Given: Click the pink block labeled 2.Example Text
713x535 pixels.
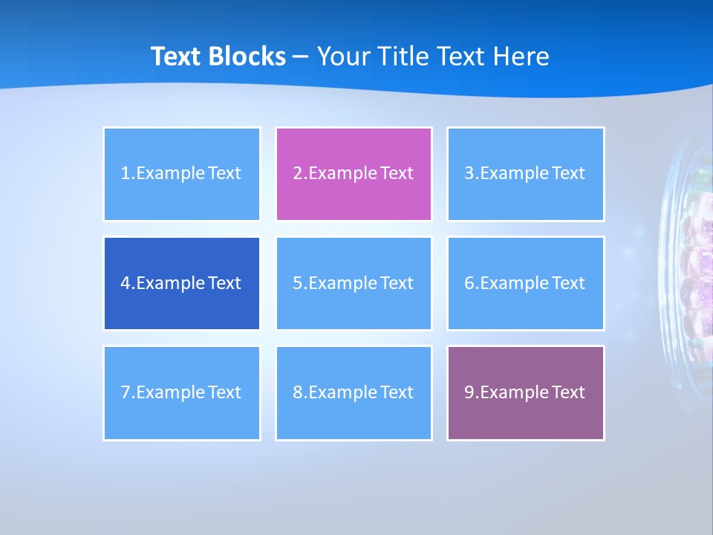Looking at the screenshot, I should (x=354, y=174).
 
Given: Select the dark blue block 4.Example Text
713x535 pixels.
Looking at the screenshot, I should (x=182, y=283).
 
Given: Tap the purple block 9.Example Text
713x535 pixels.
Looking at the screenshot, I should (x=525, y=392).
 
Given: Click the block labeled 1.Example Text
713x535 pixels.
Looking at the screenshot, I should (x=182, y=174).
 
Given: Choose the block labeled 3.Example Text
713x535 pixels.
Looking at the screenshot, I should (x=525, y=174).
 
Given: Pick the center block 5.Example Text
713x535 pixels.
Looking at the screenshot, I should (x=354, y=283).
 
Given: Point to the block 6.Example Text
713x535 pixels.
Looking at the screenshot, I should (x=525, y=283).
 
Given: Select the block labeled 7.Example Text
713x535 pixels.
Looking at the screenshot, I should (x=182, y=392).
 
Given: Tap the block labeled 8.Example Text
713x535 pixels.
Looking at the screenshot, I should (x=354, y=392).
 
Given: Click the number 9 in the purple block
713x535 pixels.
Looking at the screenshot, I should (x=469, y=392).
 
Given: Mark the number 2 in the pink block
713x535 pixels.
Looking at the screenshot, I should (x=298, y=174).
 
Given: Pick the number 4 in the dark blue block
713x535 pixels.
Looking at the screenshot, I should (x=126, y=283).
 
